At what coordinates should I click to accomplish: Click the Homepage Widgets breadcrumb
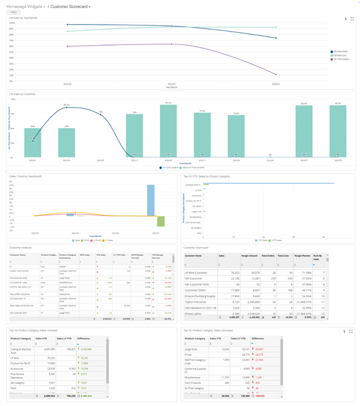(x=26, y=6)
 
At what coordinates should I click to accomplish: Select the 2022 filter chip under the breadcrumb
(x=13, y=12)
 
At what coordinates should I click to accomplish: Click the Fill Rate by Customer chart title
(x=22, y=94)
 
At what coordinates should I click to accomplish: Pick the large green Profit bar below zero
(x=161, y=221)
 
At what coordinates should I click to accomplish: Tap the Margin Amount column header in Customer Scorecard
(x=249, y=255)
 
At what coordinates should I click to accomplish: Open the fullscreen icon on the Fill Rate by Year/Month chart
(x=352, y=19)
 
